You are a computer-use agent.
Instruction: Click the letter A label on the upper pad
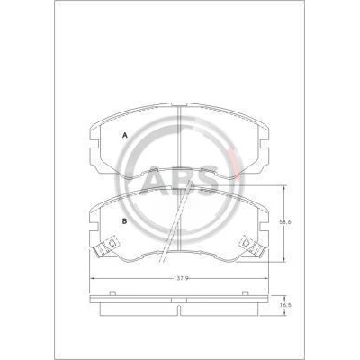click(125, 136)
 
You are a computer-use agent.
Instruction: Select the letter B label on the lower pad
click(124, 221)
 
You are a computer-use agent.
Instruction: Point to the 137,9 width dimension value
click(181, 278)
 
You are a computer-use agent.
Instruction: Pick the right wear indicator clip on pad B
click(253, 247)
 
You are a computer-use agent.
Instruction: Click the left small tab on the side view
click(112, 293)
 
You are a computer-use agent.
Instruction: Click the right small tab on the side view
click(245, 293)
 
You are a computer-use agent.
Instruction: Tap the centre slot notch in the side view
click(179, 310)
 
